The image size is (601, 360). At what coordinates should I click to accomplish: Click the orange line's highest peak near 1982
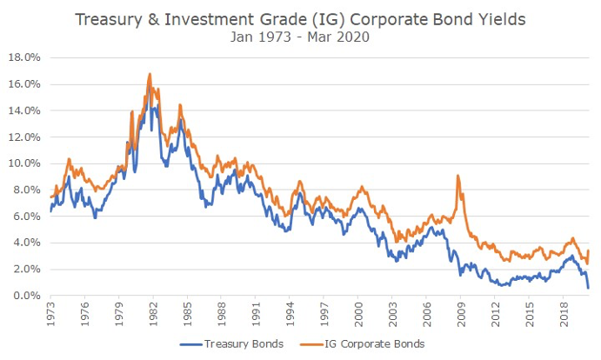tap(150, 74)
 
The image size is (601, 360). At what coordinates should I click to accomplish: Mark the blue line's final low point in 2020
tap(589, 288)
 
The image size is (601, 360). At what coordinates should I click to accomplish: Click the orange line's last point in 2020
tap(589, 250)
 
